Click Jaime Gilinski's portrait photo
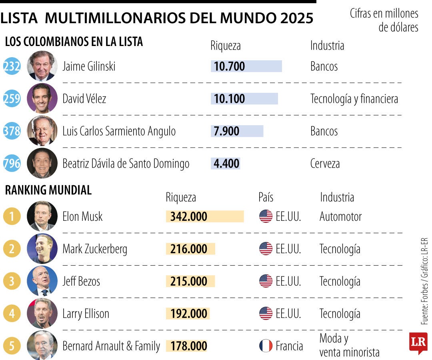[x=42, y=66]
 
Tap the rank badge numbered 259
[x=11, y=98]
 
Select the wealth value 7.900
[x=226, y=131]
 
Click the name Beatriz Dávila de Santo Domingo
[x=126, y=164]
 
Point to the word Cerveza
[x=325, y=164]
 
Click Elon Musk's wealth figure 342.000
[x=189, y=216]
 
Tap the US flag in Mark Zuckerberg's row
[x=266, y=249]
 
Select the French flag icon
[x=266, y=346]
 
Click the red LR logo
[x=418, y=342]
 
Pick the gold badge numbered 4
[x=12, y=314]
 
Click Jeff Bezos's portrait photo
[x=42, y=281]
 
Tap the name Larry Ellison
[x=86, y=314]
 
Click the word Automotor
[x=340, y=216]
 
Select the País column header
[x=266, y=197]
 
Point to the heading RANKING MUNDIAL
[x=48, y=190]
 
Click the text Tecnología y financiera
[x=354, y=99]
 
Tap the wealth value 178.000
[x=189, y=346]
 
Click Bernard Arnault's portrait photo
[x=42, y=345]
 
